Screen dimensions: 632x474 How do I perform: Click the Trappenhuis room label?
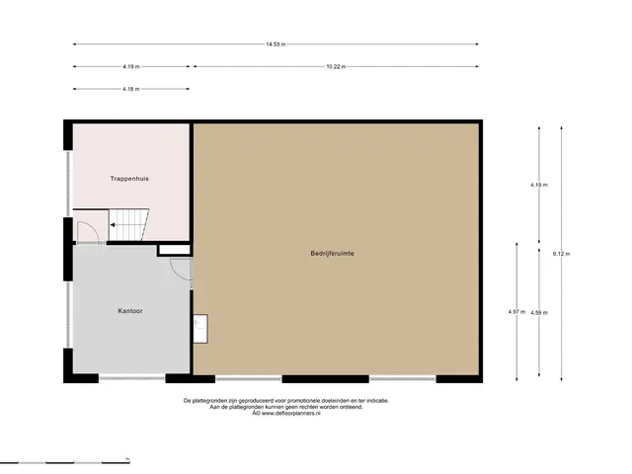click(x=129, y=179)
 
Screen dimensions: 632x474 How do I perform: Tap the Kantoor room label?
click(x=130, y=311)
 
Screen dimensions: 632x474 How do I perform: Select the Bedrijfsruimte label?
click(x=332, y=254)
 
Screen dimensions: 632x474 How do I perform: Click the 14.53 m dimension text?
click(x=276, y=44)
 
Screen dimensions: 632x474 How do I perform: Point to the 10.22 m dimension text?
click(x=336, y=66)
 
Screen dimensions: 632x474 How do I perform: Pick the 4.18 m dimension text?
click(x=131, y=89)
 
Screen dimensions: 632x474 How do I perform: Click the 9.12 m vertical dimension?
click(x=562, y=254)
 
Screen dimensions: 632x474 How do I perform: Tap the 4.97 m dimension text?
click(x=516, y=312)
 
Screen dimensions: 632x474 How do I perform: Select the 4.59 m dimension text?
click(x=539, y=313)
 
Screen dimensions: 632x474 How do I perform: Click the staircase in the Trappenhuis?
click(x=128, y=224)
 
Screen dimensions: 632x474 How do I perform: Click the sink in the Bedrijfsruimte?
click(x=200, y=329)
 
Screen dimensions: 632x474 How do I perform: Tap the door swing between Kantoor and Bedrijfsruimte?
click(x=180, y=269)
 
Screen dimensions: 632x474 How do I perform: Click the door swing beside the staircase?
click(x=87, y=231)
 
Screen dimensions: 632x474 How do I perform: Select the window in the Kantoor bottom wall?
click(x=131, y=378)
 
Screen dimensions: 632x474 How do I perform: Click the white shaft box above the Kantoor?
click(x=175, y=250)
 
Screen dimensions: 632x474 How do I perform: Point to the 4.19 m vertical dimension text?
click(x=539, y=185)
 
